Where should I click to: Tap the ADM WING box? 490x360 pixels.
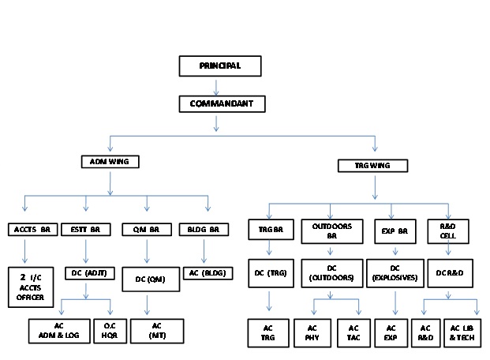tap(110, 162)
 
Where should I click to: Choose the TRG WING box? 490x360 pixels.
tap(373, 166)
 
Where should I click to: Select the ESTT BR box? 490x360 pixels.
tap(84, 230)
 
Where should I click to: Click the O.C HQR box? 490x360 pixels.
tap(109, 331)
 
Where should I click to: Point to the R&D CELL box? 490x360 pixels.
tap(448, 230)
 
